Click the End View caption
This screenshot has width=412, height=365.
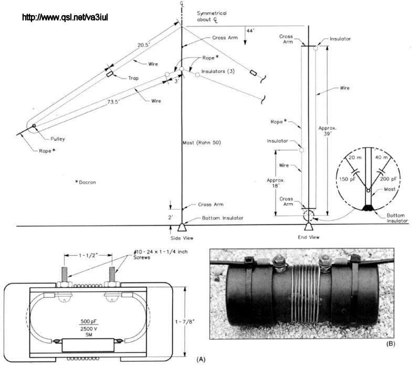click(x=308, y=238)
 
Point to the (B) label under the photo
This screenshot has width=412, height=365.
click(x=390, y=345)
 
